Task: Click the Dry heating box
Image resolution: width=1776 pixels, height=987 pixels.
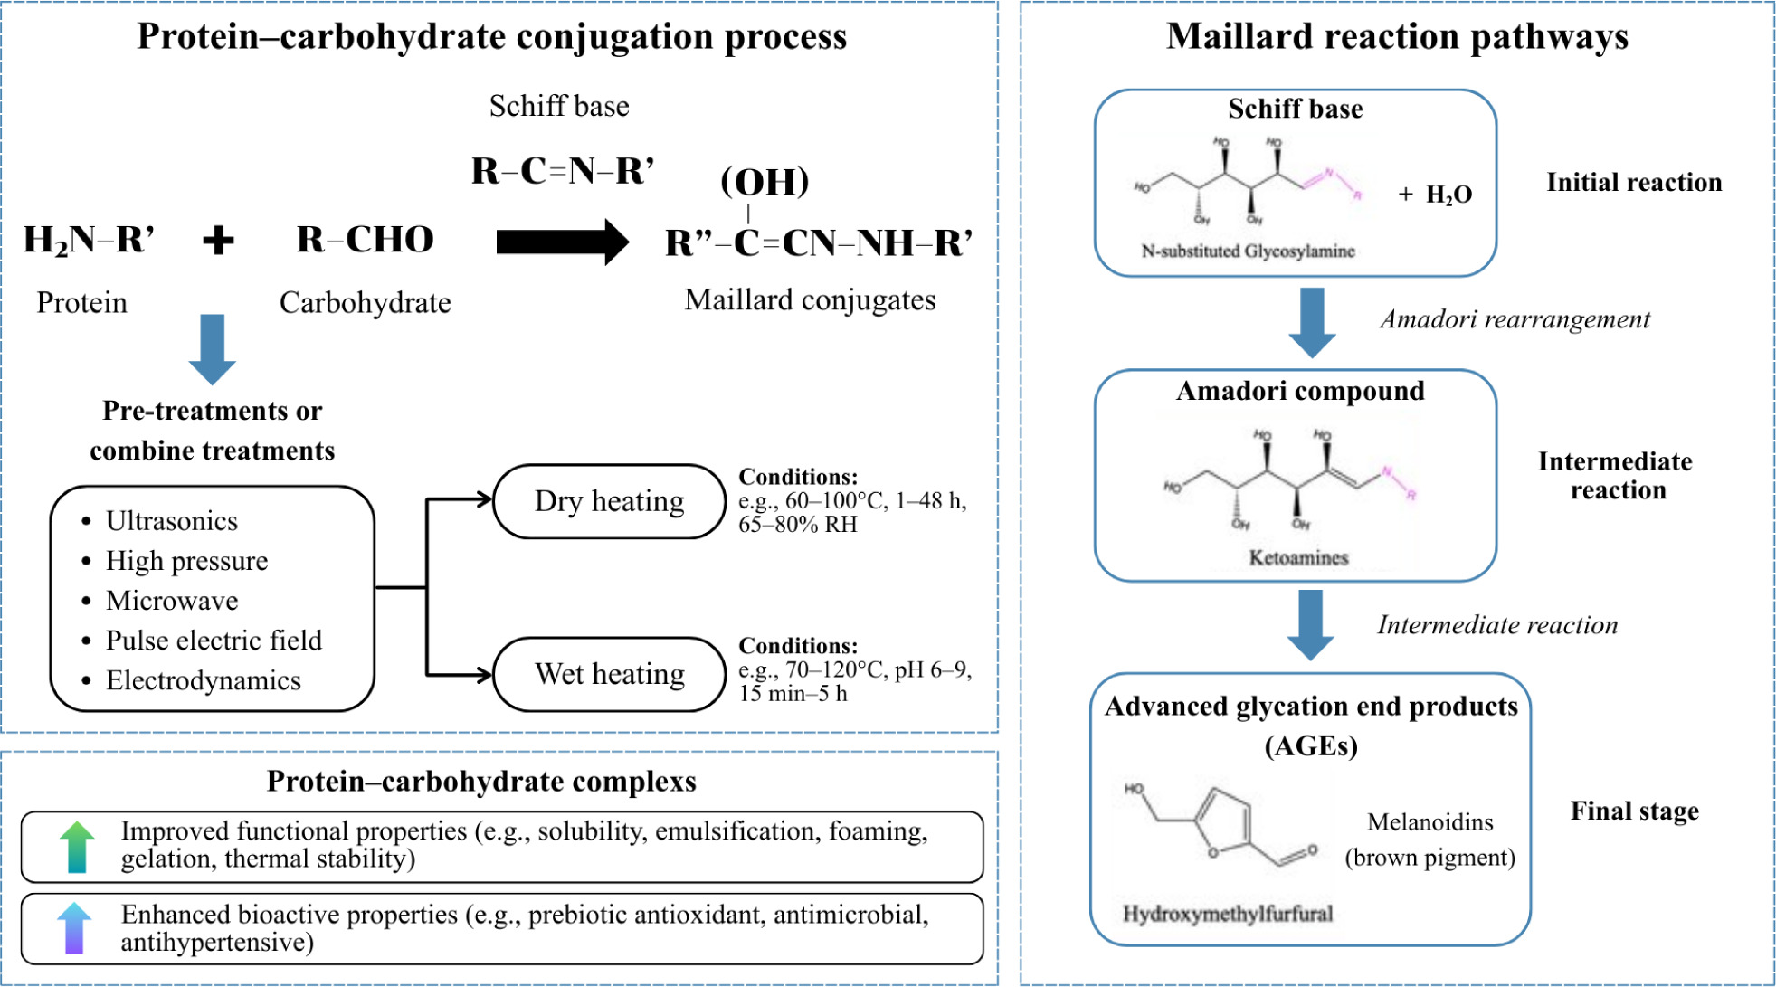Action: pyautogui.click(x=609, y=501)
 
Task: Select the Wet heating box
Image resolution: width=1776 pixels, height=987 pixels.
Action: pyautogui.click(x=609, y=674)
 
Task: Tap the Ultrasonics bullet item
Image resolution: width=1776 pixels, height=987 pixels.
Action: pyautogui.click(x=171, y=521)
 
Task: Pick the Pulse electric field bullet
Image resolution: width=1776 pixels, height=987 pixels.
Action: pyautogui.click(x=214, y=641)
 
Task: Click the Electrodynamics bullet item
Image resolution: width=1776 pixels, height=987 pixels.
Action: pyautogui.click(x=203, y=680)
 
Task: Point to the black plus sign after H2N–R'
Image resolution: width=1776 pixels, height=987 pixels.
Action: pyautogui.click(x=218, y=240)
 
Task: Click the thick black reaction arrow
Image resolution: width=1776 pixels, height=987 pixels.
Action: pyautogui.click(x=562, y=242)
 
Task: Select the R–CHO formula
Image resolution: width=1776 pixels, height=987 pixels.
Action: pyautogui.click(x=366, y=240)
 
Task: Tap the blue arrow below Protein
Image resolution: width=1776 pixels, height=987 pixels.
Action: pyautogui.click(x=212, y=349)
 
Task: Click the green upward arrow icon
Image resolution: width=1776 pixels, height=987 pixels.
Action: pyautogui.click(x=77, y=847)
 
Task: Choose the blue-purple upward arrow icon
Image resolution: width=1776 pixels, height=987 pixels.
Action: pyautogui.click(x=74, y=928)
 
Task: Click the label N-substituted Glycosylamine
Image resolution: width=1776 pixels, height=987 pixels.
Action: pyautogui.click(x=1248, y=251)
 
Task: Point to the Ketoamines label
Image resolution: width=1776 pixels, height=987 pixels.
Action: pyautogui.click(x=1298, y=558)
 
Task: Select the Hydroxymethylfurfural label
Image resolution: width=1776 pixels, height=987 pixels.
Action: pyautogui.click(x=1228, y=914)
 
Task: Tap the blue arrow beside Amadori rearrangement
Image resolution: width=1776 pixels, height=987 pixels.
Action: pyautogui.click(x=1312, y=322)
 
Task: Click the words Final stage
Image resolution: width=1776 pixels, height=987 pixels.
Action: pyautogui.click(x=1634, y=811)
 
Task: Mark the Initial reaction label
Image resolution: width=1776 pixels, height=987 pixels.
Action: pyautogui.click(x=1634, y=183)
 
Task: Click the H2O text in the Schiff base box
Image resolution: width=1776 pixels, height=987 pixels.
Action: pyautogui.click(x=1448, y=195)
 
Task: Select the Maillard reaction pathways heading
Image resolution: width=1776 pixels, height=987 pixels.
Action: pyautogui.click(x=1397, y=37)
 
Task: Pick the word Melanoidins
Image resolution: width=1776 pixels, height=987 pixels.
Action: pyautogui.click(x=1429, y=822)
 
